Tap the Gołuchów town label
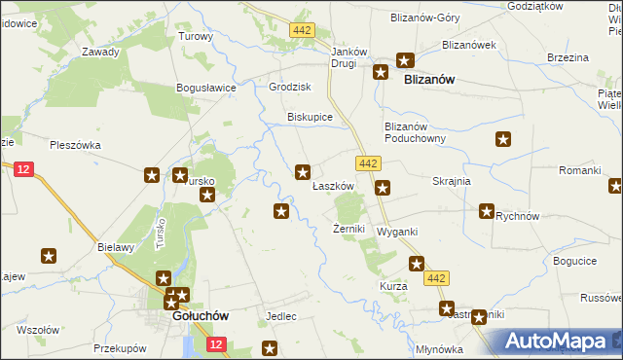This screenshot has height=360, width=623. pyautogui.click(x=200, y=316)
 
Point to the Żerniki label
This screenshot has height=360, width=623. pyautogui.click(x=348, y=229)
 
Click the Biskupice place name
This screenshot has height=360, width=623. pyautogui.click(x=310, y=117)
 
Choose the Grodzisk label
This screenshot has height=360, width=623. pyautogui.click(x=288, y=87)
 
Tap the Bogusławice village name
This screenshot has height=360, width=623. pyautogui.click(x=207, y=88)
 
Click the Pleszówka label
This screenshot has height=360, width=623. pyautogui.click(x=76, y=145)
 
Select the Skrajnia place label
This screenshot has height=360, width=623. pyautogui.click(x=452, y=181)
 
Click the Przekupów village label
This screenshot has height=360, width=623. pyautogui.click(x=120, y=347)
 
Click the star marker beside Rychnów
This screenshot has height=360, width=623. pyautogui.click(x=487, y=210)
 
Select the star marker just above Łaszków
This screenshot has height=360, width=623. pyautogui.click(x=304, y=172)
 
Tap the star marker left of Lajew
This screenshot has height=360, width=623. pyautogui.click(x=49, y=256)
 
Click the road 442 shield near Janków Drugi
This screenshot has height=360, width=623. pyautogui.click(x=302, y=31)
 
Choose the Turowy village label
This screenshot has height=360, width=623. pyautogui.click(x=196, y=36)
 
